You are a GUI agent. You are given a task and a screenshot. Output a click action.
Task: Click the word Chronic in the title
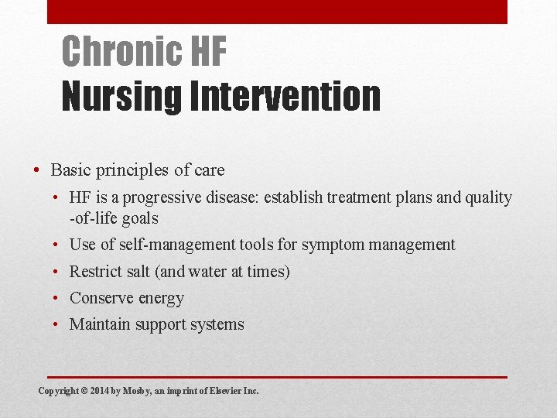coord(120,52)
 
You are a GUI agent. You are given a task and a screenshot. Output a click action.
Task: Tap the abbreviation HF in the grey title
coord(207,52)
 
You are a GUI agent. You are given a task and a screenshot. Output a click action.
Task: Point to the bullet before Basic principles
coord(37,170)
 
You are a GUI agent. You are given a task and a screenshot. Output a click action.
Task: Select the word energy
coord(159,299)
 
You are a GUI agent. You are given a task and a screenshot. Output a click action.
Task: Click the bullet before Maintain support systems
coord(59,325)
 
